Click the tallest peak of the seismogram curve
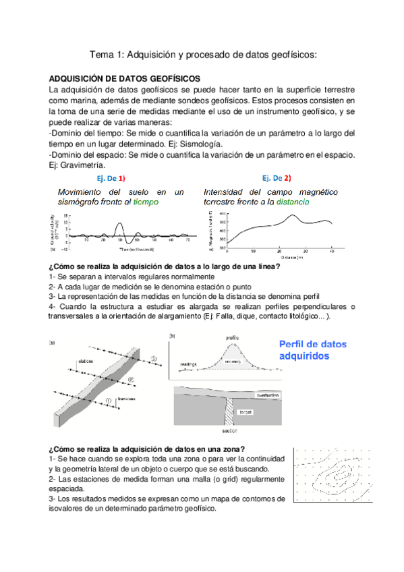(x=119, y=223)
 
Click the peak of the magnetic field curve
(x=292, y=216)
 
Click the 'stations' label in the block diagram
(x=86, y=360)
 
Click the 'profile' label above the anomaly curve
(x=232, y=337)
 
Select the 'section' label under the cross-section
(x=231, y=428)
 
